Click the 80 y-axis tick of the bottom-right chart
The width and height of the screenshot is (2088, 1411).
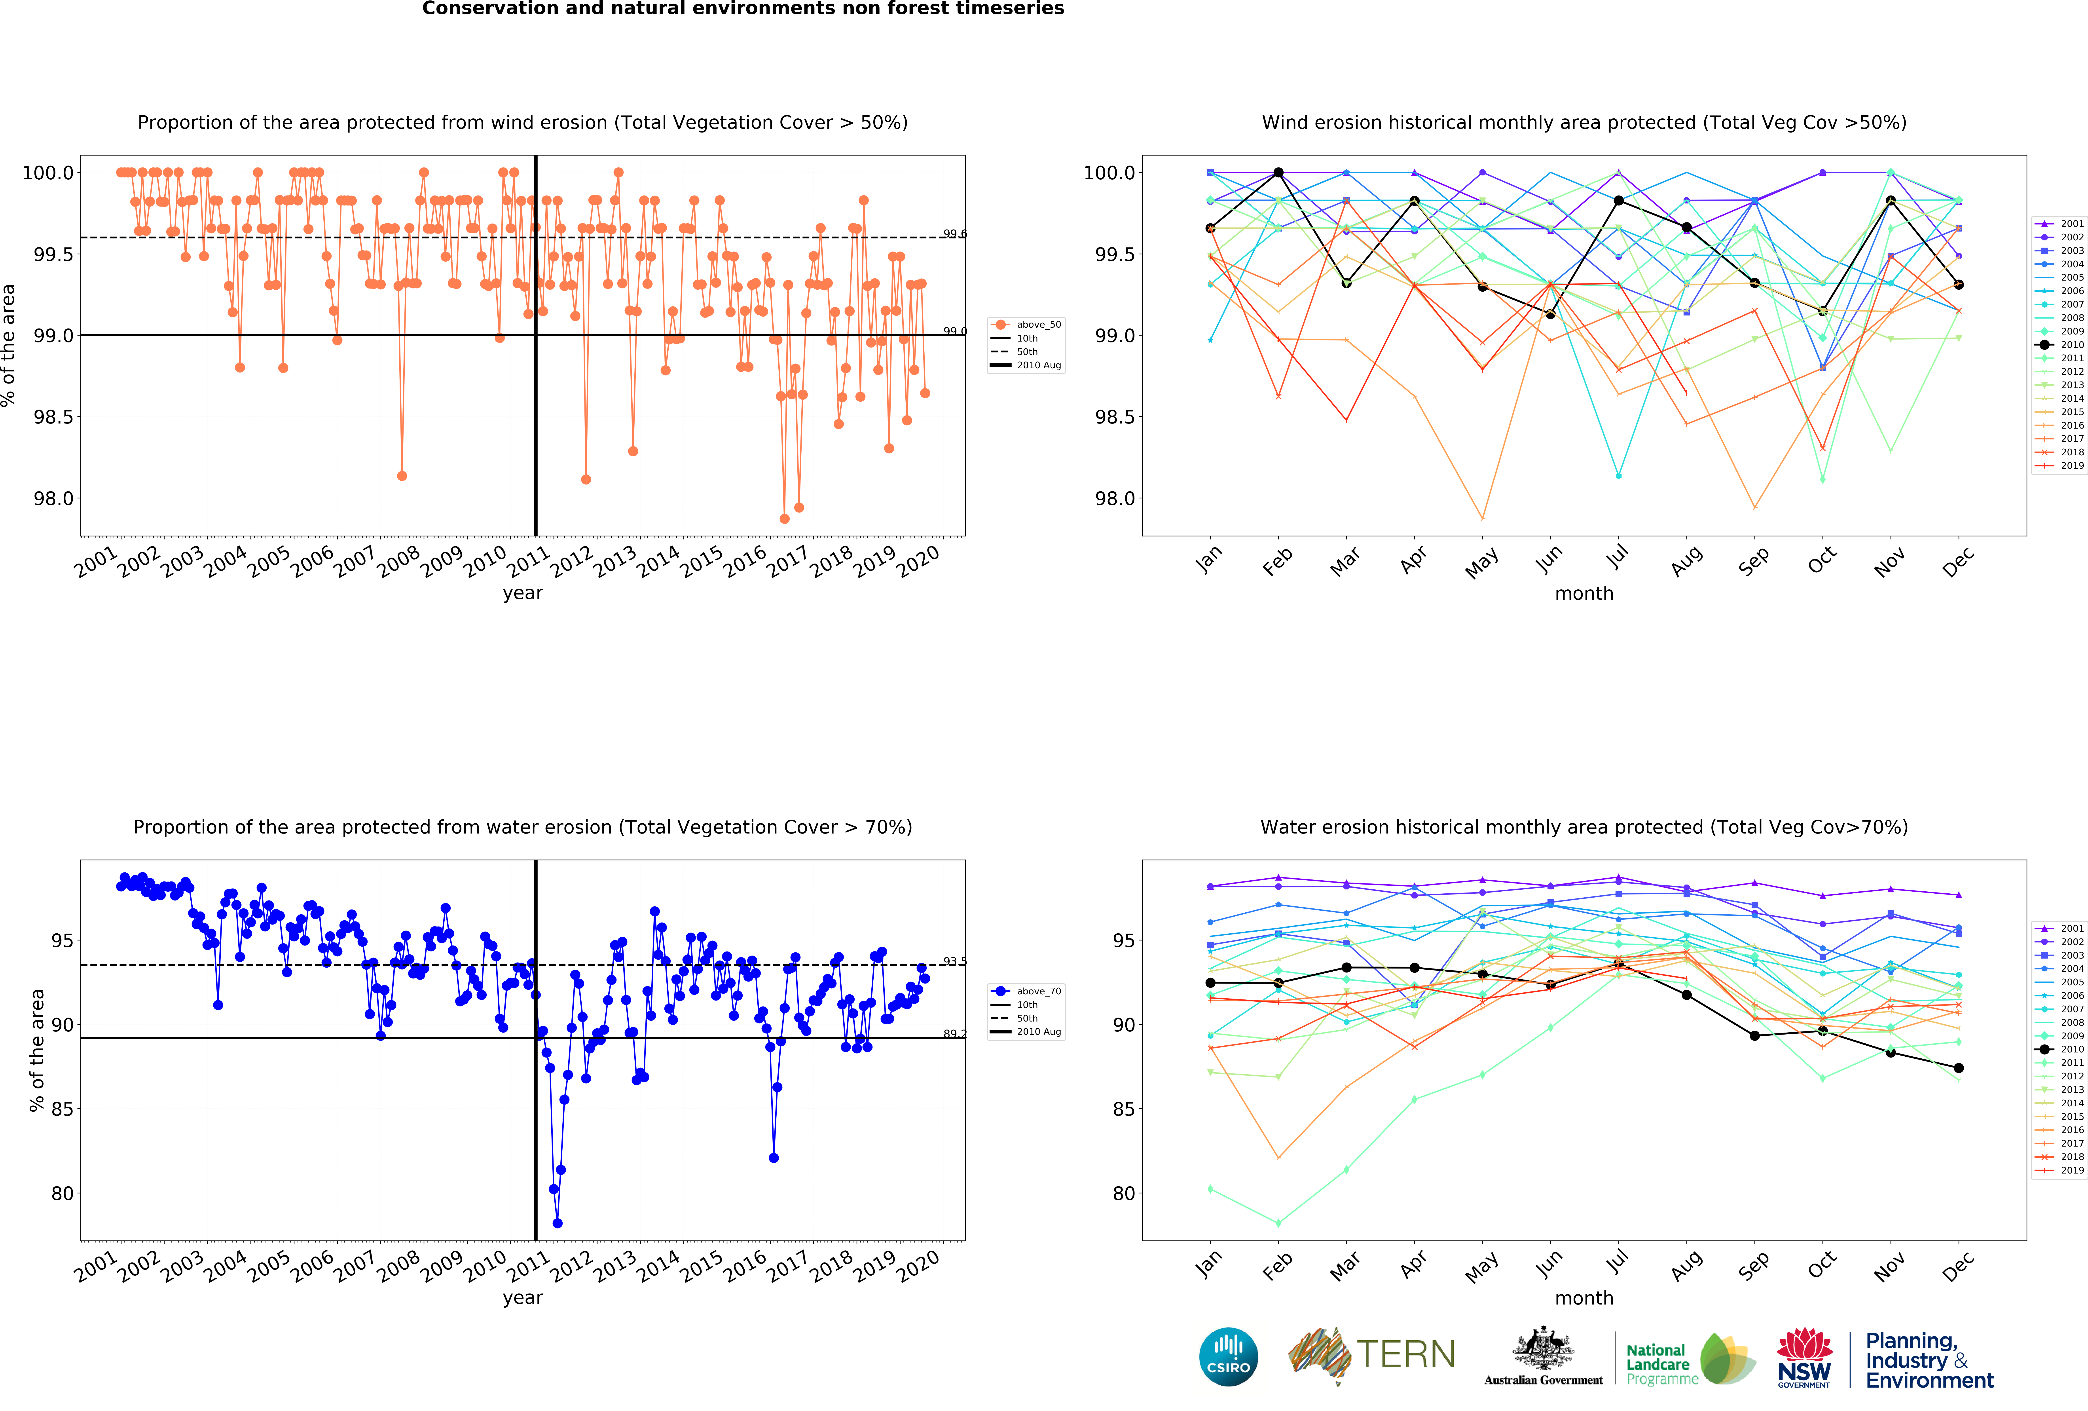coord(1124,1194)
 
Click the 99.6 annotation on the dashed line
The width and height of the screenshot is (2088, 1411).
coord(954,234)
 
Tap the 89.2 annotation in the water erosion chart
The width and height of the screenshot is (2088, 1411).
coord(954,1033)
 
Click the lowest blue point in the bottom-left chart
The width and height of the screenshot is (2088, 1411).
coord(557,1223)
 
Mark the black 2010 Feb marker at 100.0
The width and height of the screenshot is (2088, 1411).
coord(1278,173)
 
